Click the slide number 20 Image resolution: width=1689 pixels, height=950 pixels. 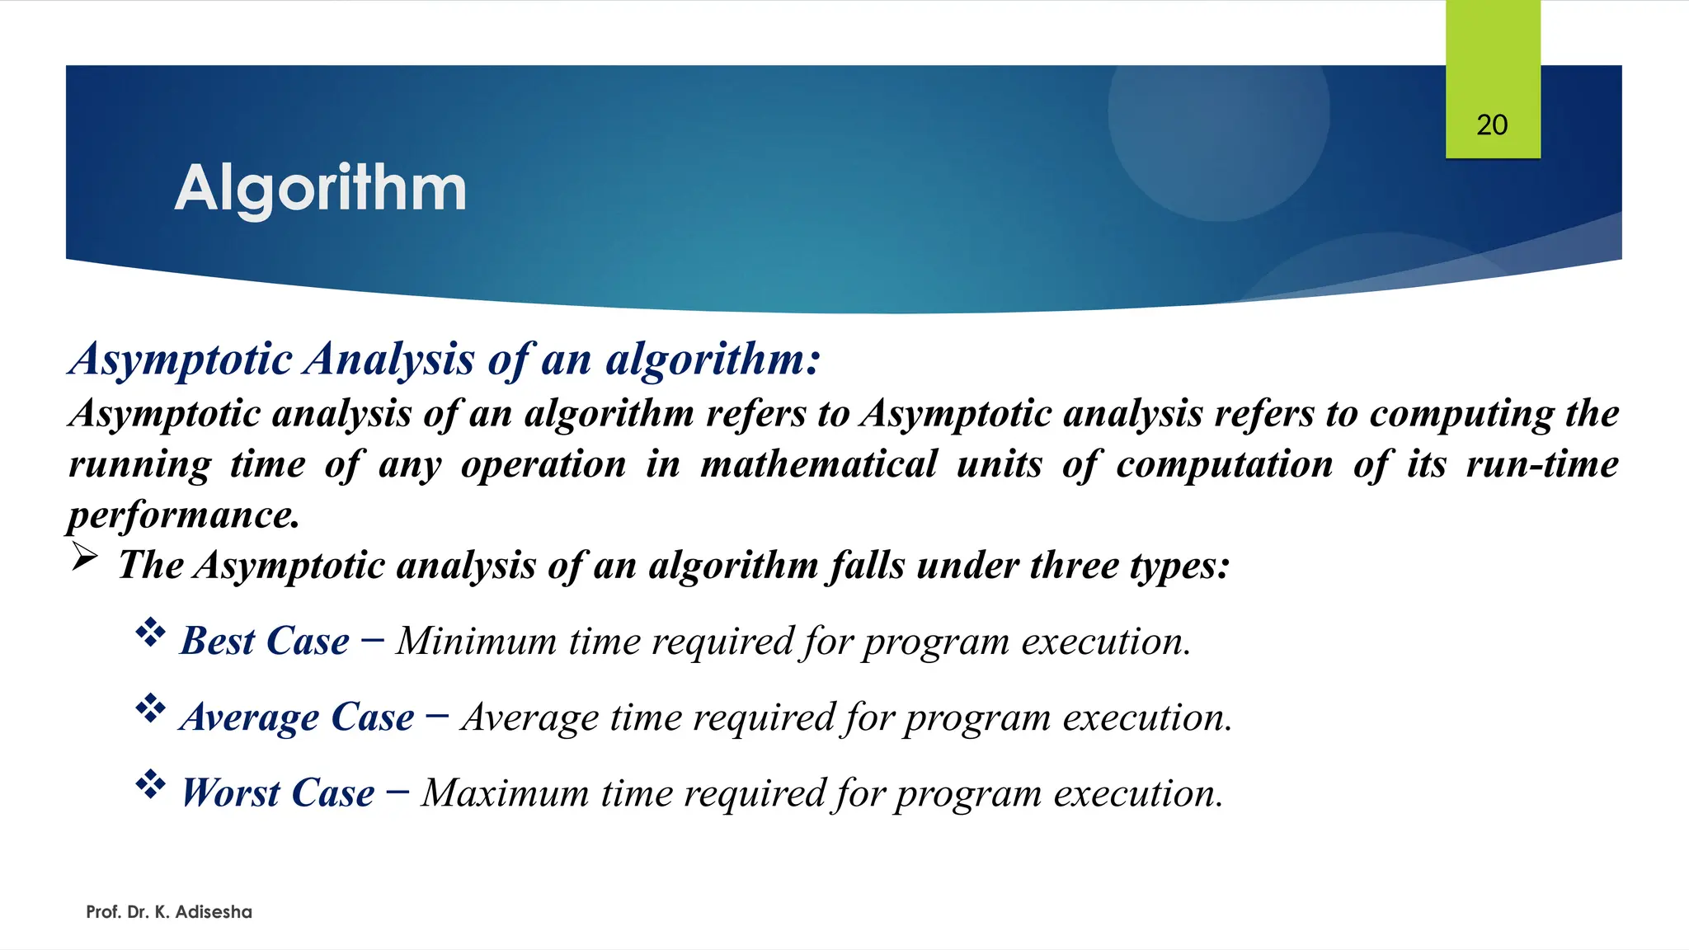pyautogui.click(x=1492, y=125)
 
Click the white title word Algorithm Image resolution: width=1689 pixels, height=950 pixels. pyautogui.click(x=321, y=189)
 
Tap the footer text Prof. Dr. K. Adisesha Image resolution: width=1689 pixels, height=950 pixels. pyautogui.click(x=169, y=912)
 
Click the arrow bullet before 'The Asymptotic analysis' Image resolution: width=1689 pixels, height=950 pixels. pyautogui.click(x=84, y=557)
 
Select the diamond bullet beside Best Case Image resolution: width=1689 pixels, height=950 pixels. pyautogui.click(x=150, y=633)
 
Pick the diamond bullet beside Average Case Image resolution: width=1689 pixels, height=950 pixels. pyautogui.click(x=150, y=708)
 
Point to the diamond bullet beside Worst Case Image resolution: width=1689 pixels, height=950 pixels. pyautogui.click(x=150, y=784)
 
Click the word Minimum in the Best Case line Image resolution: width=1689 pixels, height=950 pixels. pyautogui.click(x=476, y=642)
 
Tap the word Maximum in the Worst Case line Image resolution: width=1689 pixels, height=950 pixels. pyautogui.click(x=505, y=793)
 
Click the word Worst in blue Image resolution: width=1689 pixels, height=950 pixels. pyautogui.click(x=231, y=793)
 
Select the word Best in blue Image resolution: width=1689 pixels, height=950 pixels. pyautogui.click(x=218, y=642)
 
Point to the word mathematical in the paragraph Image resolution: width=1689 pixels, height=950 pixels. pyautogui.click(x=818, y=464)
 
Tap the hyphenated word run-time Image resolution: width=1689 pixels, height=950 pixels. pyautogui.click(x=1541, y=464)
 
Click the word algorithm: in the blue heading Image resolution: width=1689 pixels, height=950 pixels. pyautogui.click(x=713, y=360)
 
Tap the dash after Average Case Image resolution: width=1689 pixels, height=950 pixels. pyautogui.click(x=437, y=715)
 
